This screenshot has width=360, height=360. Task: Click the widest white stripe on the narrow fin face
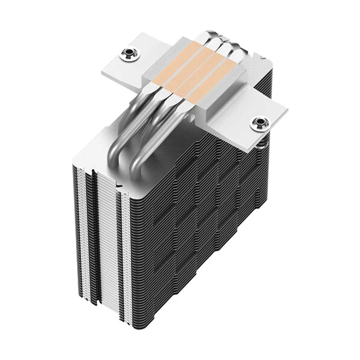pyautogui.click(x=109, y=240)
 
